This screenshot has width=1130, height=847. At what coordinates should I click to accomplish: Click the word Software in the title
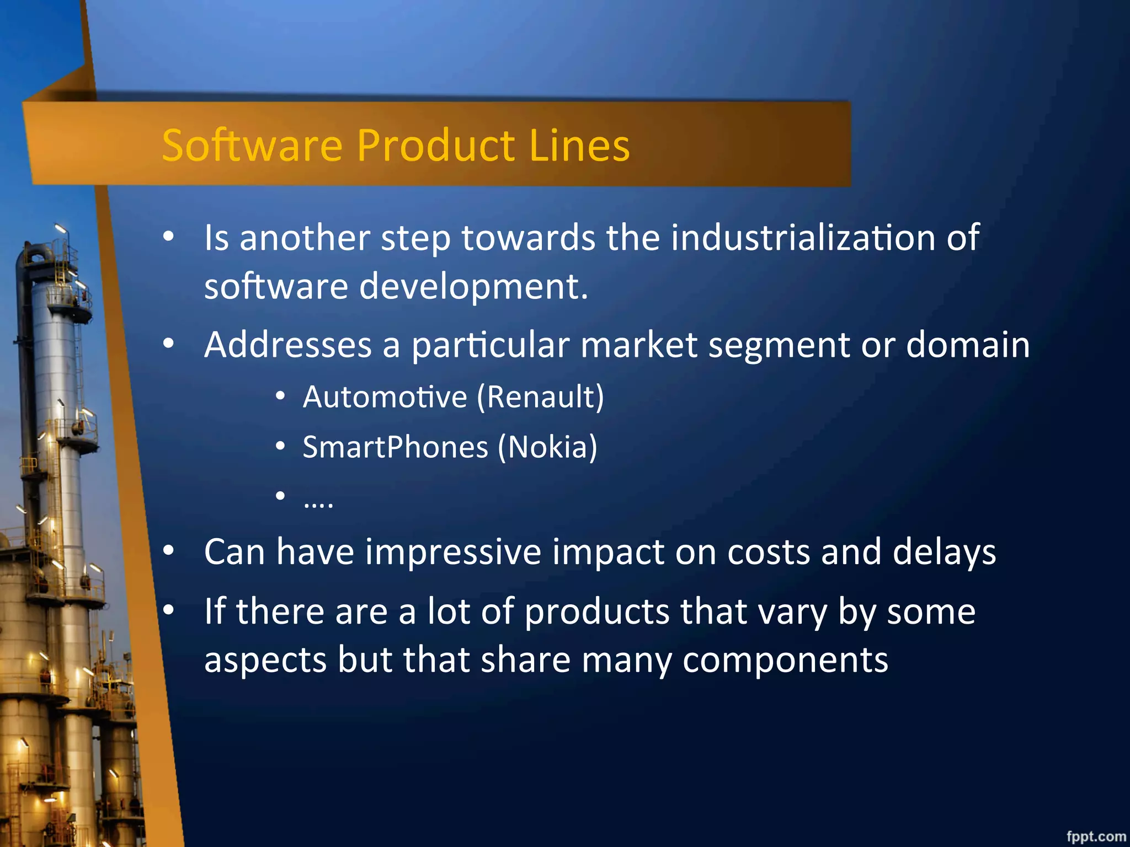252,146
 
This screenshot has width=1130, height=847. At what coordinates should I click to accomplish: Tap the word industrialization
803,238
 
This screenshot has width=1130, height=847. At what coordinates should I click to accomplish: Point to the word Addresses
288,345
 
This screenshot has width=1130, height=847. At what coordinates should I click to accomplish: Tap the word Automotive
385,397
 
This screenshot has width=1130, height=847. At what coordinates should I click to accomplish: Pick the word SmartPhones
395,447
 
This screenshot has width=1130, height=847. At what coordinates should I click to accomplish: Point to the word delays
944,552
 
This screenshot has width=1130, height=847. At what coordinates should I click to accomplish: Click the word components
785,660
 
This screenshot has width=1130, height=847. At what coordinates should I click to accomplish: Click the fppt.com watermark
1095,837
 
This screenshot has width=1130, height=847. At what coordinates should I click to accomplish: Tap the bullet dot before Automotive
280,396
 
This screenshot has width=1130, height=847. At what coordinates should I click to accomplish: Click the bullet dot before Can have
169,550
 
